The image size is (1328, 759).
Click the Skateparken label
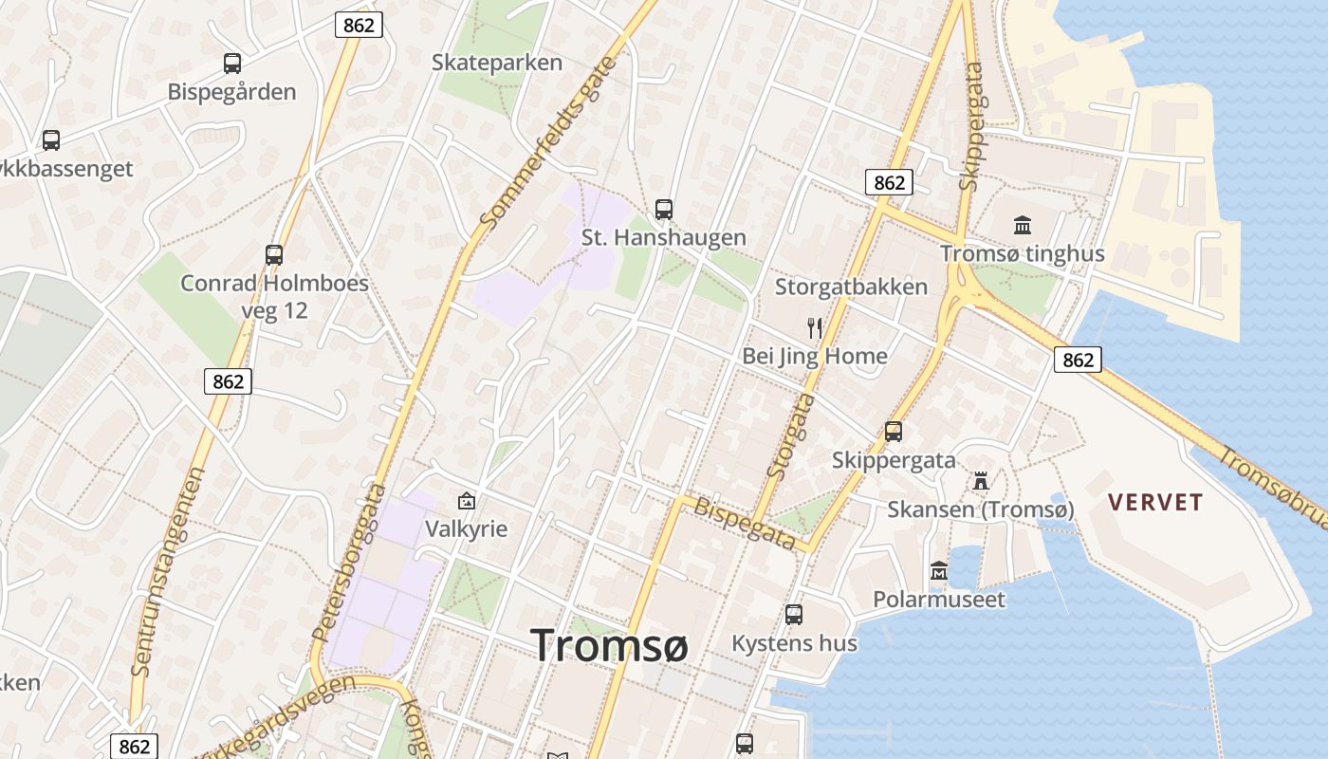[x=496, y=63]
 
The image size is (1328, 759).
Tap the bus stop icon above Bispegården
[x=232, y=64]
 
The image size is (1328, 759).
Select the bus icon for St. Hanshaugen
[x=664, y=209]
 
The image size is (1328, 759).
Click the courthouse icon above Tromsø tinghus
[x=1023, y=225]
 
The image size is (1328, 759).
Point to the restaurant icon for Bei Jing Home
[x=815, y=328]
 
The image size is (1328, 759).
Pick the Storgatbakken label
[x=851, y=287]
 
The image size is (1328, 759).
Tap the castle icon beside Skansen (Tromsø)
[x=981, y=481]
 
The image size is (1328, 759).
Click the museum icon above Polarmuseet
[x=939, y=570]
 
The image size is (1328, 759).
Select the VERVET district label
[x=1155, y=503]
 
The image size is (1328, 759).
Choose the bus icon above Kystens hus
[x=794, y=614]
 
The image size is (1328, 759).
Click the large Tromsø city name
[x=609, y=645]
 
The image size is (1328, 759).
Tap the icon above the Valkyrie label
[x=467, y=501]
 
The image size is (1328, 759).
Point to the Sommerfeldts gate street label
[x=548, y=142]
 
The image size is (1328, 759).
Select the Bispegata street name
[x=745, y=523]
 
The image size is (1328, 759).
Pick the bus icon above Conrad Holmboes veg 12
[x=274, y=254]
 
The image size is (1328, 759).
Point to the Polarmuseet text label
[x=938, y=600]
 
